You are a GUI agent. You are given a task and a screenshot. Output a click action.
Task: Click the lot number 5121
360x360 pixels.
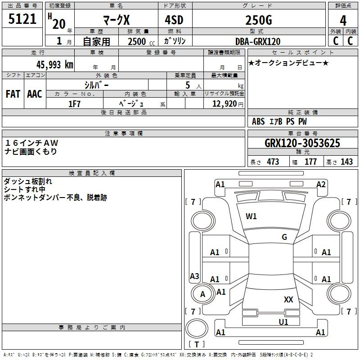click(x=22, y=19)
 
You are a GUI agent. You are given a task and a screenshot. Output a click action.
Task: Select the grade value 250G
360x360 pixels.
click(x=259, y=20)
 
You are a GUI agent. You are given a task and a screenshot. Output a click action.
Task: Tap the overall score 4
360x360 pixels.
click(x=343, y=20)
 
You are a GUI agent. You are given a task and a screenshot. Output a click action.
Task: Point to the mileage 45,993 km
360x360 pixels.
click(x=54, y=65)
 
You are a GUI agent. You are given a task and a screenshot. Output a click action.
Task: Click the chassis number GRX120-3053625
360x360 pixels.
click(x=302, y=143)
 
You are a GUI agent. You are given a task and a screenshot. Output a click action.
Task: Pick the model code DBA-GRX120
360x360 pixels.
click(x=258, y=41)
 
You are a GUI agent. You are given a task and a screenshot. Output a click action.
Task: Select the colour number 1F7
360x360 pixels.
click(x=74, y=104)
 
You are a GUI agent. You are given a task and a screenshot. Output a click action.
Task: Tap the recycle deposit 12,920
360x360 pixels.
click(x=225, y=104)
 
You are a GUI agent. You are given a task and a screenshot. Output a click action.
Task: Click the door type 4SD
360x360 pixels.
click(x=174, y=20)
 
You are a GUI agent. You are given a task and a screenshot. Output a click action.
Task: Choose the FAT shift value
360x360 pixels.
click(x=13, y=94)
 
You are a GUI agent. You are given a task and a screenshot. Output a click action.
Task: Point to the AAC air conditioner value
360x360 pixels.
click(x=35, y=94)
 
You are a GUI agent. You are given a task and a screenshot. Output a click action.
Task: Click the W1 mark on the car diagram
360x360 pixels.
click(x=251, y=216)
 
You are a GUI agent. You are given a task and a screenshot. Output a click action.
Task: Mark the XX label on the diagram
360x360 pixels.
click(x=288, y=300)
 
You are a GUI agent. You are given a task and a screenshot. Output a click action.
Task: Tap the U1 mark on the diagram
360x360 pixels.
click(x=283, y=322)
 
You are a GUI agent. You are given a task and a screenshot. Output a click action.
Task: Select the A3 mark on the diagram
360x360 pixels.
click(x=194, y=276)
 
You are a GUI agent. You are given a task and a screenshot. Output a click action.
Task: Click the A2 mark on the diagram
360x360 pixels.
click(x=321, y=184)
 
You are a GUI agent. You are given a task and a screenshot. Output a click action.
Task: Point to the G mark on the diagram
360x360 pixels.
click(x=284, y=237)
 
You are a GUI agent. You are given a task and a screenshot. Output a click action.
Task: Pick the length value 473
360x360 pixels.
click(x=273, y=162)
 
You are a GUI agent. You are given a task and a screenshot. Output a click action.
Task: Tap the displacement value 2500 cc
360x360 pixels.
click(x=141, y=41)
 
